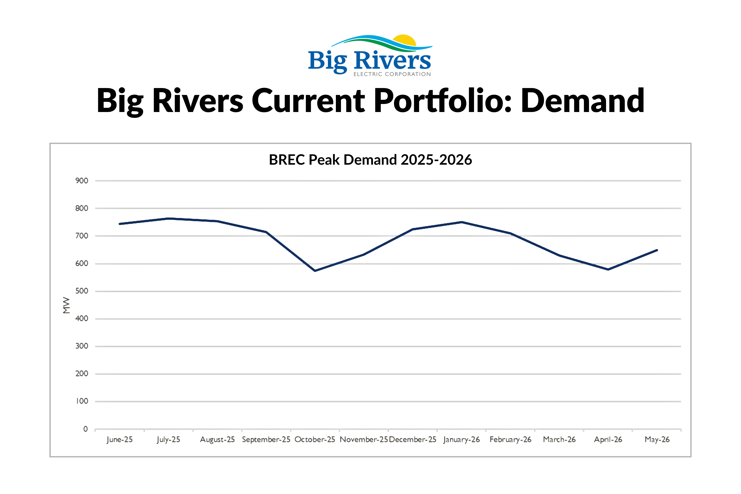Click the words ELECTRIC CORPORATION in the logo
(392, 74)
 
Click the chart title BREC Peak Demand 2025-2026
(370, 160)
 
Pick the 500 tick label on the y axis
(82, 291)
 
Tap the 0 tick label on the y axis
(85, 429)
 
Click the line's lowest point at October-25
(315, 271)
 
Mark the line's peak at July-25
(169, 218)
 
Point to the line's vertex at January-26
(462, 222)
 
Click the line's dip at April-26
(608, 269)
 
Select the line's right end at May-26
(657, 250)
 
